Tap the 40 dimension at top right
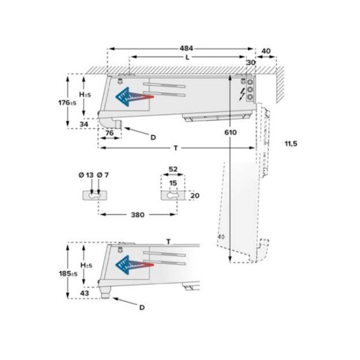tap(266, 50)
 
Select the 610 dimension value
tap(231, 132)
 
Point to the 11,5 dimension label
tap(290, 144)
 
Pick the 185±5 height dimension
tap(69, 274)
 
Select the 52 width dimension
tap(173, 170)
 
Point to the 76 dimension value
tap(110, 133)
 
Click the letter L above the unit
tap(188, 58)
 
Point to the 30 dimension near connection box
tap(251, 62)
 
